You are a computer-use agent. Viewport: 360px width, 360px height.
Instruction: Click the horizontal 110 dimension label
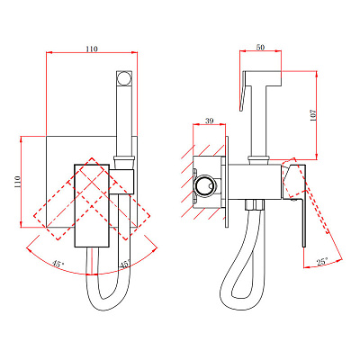tap(92, 49)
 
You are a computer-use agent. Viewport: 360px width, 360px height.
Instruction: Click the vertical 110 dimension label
tap(17, 182)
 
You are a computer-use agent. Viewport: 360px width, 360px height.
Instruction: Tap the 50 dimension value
tap(260, 47)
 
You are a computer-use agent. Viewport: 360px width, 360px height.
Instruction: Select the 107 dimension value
tap(313, 115)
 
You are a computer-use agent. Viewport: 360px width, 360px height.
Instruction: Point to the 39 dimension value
tap(209, 121)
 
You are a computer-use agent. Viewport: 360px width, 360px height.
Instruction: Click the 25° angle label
tap(322, 262)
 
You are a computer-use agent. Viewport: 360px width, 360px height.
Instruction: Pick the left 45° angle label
tap(58, 265)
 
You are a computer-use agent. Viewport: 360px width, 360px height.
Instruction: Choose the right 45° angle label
tap(125, 265)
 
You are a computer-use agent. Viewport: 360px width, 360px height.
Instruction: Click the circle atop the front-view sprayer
tap(123, 78)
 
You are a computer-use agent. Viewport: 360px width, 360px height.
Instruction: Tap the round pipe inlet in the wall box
tap(204, 184)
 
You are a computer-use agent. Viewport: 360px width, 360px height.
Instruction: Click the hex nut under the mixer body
tap(255, 204)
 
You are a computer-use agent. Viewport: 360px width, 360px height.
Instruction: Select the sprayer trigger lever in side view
tap(243, 93)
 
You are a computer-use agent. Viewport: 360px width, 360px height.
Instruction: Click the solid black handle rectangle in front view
tap(92, 205)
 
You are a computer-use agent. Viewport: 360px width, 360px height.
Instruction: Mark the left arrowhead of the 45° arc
tap(29, 250)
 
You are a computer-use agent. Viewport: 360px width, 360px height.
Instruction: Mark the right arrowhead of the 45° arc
tap(155, 249)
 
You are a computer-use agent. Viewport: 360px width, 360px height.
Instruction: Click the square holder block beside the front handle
tap(121, 182)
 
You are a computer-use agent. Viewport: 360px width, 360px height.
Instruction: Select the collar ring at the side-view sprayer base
tap(258, 160)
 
